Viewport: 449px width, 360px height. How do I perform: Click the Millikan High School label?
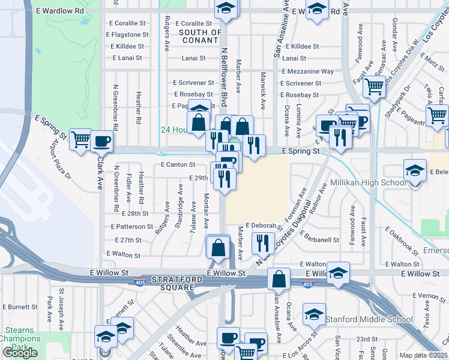click(x=367, y=183)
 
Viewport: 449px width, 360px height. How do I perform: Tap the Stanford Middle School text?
click(x=369, y=319)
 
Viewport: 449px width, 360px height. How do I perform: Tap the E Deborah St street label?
click(x=263, y=226)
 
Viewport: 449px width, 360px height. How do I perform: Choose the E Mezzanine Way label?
click(x=307, y=71)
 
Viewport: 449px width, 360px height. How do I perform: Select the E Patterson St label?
click(x=132, y=227)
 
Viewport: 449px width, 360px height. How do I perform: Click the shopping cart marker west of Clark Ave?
click(x=80, y=140)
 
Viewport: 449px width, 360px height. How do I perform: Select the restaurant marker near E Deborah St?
click(x=262, y=242)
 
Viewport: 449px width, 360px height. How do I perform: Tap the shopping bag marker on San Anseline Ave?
click(x=279, y=280)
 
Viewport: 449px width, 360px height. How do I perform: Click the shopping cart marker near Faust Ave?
click(x=375, y=87)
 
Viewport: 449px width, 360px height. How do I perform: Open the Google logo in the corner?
click(x=20, y=353)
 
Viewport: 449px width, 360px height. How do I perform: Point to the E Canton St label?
click(x=178, y=164)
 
